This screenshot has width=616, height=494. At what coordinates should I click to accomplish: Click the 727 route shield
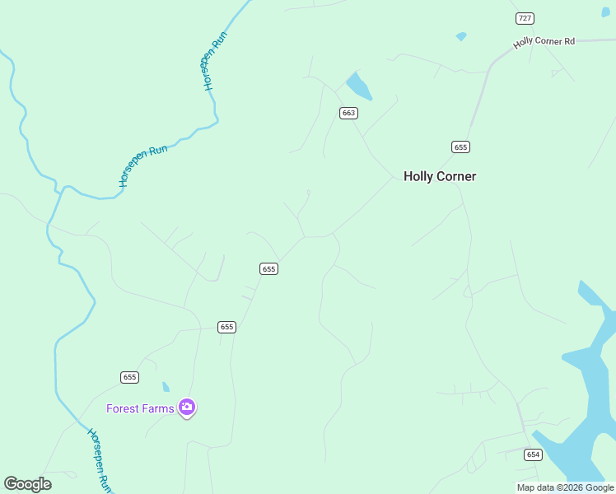point(525,18)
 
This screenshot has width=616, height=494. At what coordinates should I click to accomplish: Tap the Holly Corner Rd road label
point(544,42)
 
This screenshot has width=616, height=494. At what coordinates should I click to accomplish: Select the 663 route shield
point(348,113)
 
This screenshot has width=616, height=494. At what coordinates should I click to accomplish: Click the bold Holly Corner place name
point(440,176)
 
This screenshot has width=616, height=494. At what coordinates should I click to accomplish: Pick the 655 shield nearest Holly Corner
point(460,147)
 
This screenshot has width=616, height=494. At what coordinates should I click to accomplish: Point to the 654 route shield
point(533,454)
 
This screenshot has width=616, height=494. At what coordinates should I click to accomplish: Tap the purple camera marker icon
point(187,408)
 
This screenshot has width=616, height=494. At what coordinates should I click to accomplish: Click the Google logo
point(27,484)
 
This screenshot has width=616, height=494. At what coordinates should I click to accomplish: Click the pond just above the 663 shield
point(358,86)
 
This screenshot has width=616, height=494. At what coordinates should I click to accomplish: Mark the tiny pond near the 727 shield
point(461,36)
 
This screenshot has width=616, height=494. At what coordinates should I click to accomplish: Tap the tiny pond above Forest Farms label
point(166,387)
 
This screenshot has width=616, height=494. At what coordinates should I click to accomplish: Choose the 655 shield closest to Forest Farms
point(129,377)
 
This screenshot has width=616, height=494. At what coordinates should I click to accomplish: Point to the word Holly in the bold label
point(418,176)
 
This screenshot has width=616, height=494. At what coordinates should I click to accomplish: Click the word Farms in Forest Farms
point(160,408)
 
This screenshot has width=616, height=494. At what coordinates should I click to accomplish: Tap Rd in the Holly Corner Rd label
point(568,40)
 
